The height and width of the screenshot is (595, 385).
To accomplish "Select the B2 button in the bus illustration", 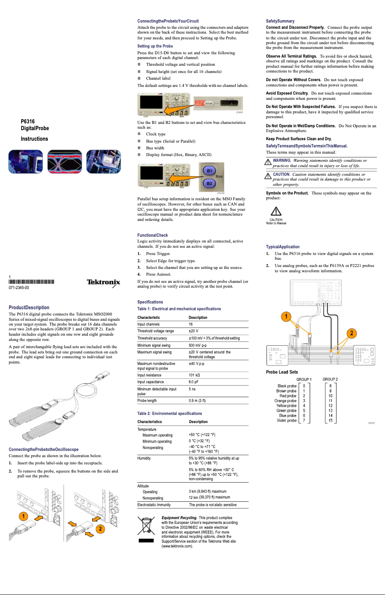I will click(209, 183).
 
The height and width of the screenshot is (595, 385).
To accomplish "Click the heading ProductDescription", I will click(29, 307).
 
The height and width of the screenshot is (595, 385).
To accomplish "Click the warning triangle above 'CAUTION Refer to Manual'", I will click(276, 211).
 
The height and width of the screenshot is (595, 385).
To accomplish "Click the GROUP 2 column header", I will click(330, 379).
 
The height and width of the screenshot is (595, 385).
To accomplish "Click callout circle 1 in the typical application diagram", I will click(285, 317).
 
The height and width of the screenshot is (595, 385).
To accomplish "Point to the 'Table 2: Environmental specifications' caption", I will click(169, 413).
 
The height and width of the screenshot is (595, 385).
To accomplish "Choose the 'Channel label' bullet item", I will click(158, 78).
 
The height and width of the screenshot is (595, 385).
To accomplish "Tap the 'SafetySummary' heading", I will click(280, 21).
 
